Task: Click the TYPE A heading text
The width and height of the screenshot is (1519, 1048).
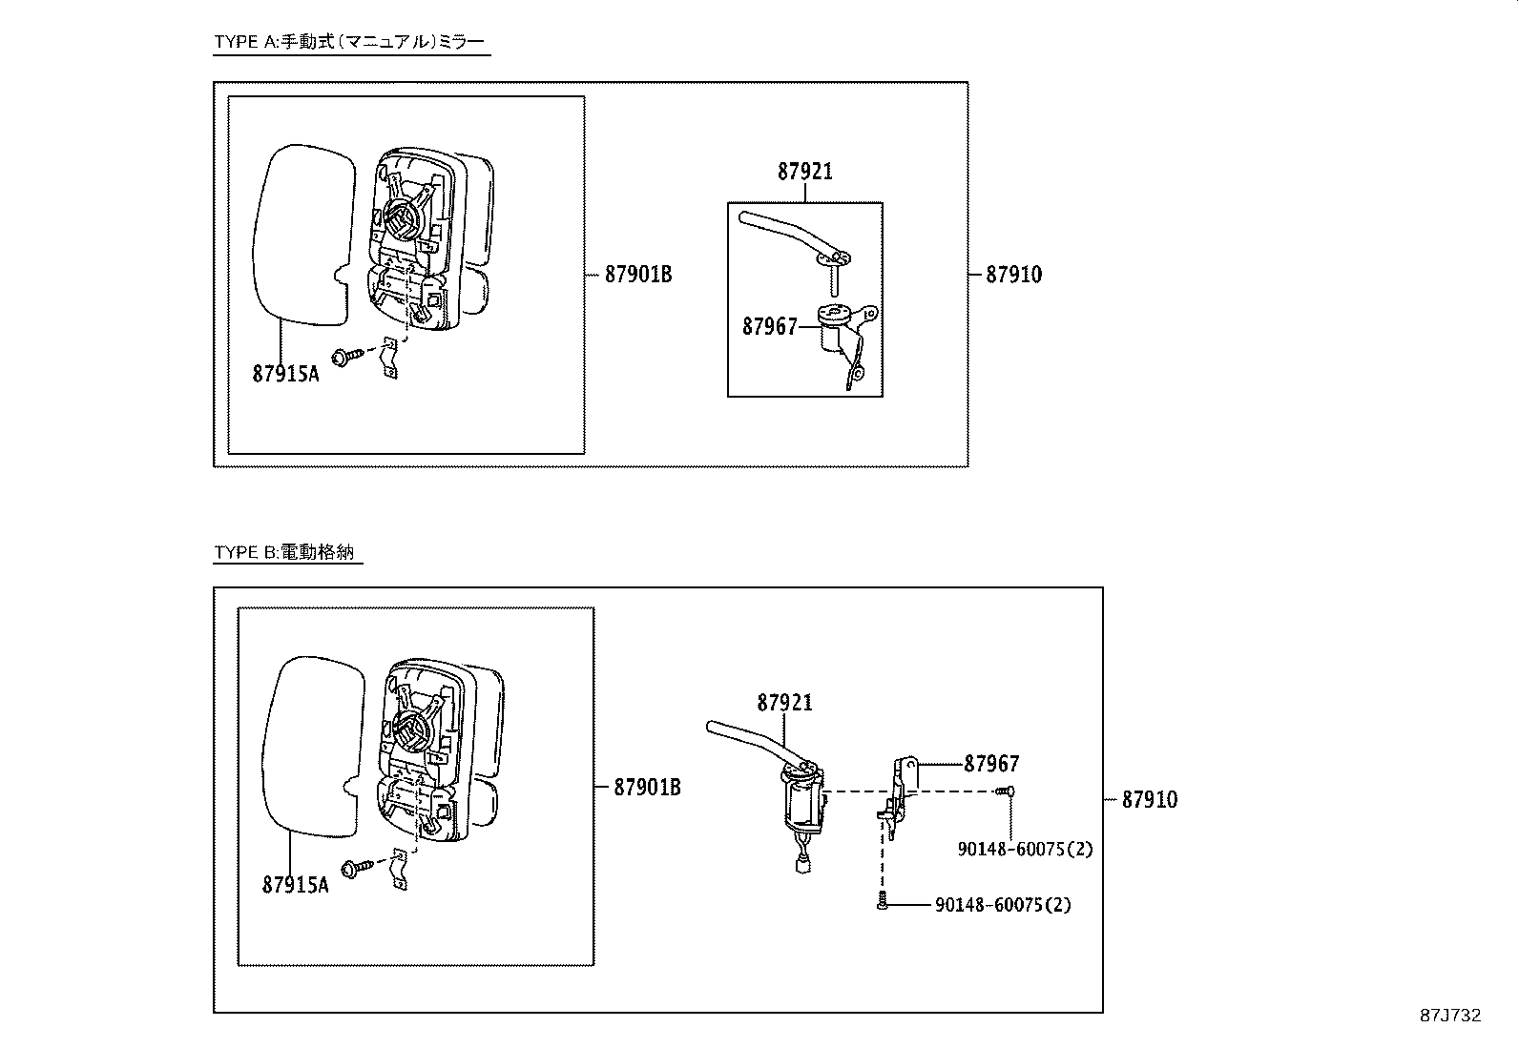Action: coord(349,41)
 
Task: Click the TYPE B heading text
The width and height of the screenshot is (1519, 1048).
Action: coord(288,552)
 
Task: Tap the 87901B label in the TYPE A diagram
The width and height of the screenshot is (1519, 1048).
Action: coord(637,275)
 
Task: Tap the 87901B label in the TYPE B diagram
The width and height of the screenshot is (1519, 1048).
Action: coord(647,788)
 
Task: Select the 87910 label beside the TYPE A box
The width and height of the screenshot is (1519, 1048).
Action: coord(1013,275)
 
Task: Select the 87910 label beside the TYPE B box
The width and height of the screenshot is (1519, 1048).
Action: coord(1149,800)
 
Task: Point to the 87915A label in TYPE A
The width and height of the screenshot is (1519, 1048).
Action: coord(285,374)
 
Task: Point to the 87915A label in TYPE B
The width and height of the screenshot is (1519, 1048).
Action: coord(295,885)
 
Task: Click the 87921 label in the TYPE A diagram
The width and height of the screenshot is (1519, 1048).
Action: coord(804,172)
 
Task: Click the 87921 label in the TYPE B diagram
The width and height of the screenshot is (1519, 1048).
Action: coord(784,703)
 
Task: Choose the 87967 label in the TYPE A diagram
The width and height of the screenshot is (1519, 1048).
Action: coord(769,327)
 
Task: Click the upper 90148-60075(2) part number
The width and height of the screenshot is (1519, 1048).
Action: coord(1025,849)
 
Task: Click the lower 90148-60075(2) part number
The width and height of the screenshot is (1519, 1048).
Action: coord(1002,905)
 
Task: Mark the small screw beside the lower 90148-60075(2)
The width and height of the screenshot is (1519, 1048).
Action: coord(883,902)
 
